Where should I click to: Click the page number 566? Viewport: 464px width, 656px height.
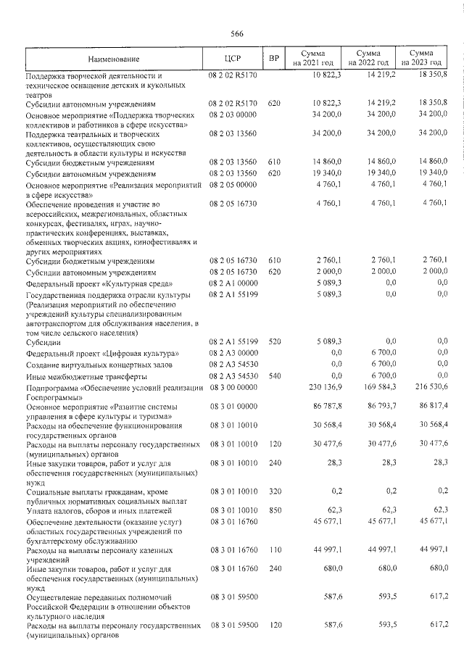point(236,34)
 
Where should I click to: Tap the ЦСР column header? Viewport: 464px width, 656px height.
point(233,58)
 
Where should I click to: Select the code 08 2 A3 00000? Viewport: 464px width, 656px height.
point(233,352)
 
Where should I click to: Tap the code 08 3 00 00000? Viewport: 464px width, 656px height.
point(233,387)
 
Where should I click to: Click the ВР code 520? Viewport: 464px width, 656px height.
point(274,341)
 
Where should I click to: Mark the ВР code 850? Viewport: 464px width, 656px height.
point(274,511)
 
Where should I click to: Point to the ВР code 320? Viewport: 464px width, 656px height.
point(274,490)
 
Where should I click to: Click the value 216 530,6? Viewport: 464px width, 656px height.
point(425,387)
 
